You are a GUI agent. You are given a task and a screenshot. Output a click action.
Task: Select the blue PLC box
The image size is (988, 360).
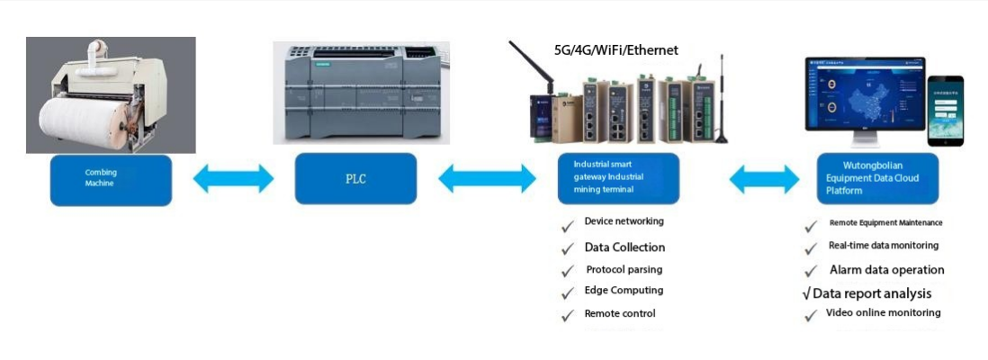pyautogui.click(x=355, y=178)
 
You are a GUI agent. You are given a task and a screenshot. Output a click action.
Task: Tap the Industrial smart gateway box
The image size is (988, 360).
pyautogui.click(x=618, y=177)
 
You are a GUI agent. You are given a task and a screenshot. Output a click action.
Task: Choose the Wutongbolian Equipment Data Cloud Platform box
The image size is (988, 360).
pyautogui.click(x=877, y=177)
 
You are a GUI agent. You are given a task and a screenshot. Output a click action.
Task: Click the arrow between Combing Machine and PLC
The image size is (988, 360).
pyautogui.click(x=233, y=178)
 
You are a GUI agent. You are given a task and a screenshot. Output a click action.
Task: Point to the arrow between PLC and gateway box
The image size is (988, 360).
pyautogui.click(x=487, y=178)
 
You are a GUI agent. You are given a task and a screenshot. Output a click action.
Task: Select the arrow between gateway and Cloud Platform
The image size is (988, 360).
pyautogui.click(x=764, y=179)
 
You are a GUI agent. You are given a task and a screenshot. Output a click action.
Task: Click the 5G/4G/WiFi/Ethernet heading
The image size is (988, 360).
pyautogui.click(x=615, y=50)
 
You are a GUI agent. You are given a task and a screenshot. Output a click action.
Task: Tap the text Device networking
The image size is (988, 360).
pyautogui.click(x=624, y=221)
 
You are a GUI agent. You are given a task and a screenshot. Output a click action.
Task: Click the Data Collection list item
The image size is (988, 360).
pyautogui.click(x=624, y=247)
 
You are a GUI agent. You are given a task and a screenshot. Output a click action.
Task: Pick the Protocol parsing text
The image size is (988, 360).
pyautogui.click(x=624, y=269)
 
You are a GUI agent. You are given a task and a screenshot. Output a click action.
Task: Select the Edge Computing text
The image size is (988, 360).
pyautogui.click(x=624, y=291)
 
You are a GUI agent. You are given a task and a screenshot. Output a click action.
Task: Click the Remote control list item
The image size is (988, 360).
pyautogui.click(x=620, y=313)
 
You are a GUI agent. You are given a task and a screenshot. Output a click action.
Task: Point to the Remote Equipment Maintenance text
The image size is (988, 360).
pyautogui.click(x=885, y=222)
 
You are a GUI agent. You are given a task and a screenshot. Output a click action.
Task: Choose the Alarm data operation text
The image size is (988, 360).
pyautogui.click(x=886, y=270)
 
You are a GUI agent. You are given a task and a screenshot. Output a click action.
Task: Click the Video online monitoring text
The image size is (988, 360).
pyautogui.click(x=883, y=313)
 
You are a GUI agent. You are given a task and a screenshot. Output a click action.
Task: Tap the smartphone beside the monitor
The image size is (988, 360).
pyautogui.click(x=945, y=110)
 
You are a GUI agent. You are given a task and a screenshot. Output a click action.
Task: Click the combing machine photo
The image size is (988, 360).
pyautogui.click(x=111, y=94)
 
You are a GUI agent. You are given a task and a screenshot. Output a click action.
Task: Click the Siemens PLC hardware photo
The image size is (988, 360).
pyautogui.click(x=362, y=93)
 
